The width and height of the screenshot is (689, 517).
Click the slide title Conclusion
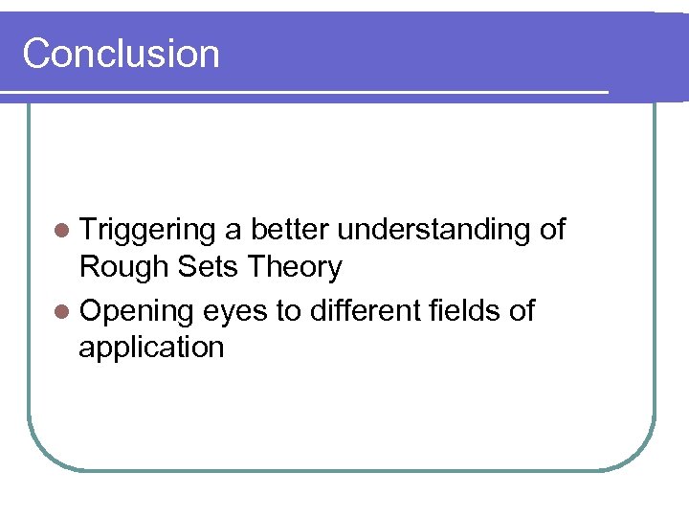pos(121,54)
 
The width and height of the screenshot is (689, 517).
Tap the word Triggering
pos(148,231)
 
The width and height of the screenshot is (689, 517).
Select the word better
pos(290,230)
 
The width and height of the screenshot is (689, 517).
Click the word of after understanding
pos(552,230)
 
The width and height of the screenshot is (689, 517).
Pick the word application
pos(151,347)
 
